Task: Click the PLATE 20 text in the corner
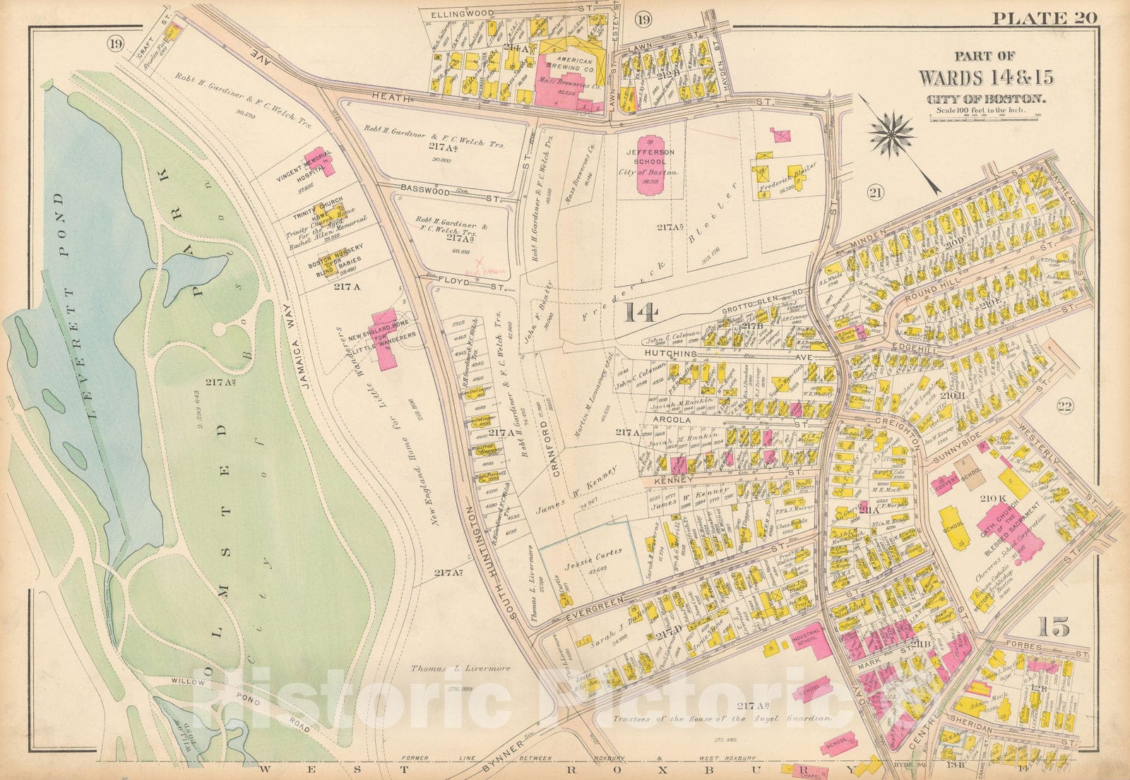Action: click(1045, 18)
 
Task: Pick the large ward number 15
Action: click(1053, 626)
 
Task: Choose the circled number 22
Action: click(1065, 405)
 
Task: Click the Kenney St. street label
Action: click(667, 480)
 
